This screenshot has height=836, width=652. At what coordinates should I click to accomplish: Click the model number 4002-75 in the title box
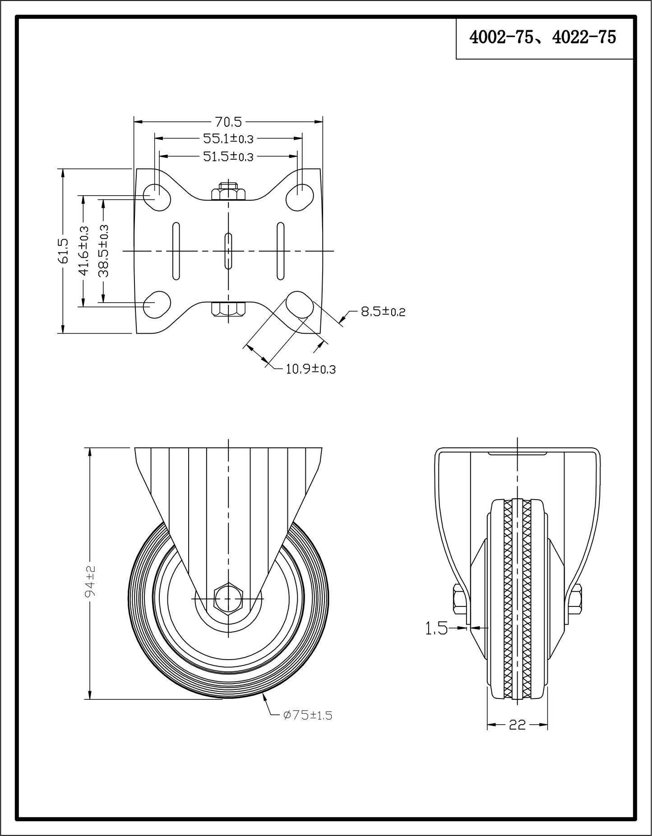click(500, 37)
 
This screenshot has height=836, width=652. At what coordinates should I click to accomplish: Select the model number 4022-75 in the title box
click(584, 37)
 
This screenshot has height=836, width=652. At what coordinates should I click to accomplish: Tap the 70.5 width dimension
click(228, 122)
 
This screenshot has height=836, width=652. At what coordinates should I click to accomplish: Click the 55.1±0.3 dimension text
click(228, 138)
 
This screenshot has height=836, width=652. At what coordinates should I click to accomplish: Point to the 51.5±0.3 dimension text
click(228, 156)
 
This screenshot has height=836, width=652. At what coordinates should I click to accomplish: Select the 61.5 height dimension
click(63, 251)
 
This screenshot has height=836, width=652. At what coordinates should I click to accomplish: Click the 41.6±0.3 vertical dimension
click(83, 251)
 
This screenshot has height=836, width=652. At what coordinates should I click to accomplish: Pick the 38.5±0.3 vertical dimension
click(104, 251)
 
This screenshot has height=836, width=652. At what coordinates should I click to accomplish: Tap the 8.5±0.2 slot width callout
click(383, 312)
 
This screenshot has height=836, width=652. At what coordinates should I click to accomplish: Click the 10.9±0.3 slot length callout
click(310, 369)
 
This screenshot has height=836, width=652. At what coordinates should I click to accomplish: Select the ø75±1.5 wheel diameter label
click(308, 715)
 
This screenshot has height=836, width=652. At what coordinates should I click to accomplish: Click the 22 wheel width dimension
click(518, 725)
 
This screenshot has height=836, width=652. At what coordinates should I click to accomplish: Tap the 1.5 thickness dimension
click(436, 628)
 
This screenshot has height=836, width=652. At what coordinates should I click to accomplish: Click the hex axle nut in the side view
click(229, 598)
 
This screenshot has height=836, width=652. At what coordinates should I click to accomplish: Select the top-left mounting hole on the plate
click(157, 197)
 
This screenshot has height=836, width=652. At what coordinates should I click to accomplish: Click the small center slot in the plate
click(229, 251)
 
